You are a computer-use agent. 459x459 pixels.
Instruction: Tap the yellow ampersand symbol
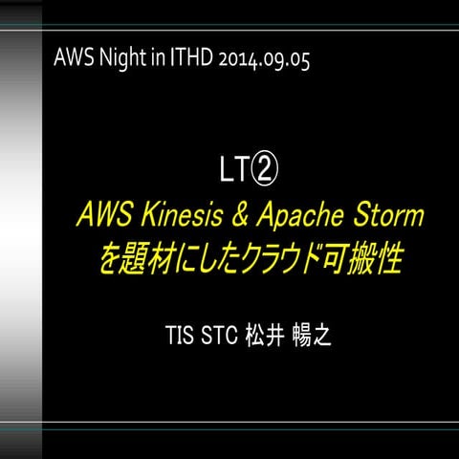(244, 217)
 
